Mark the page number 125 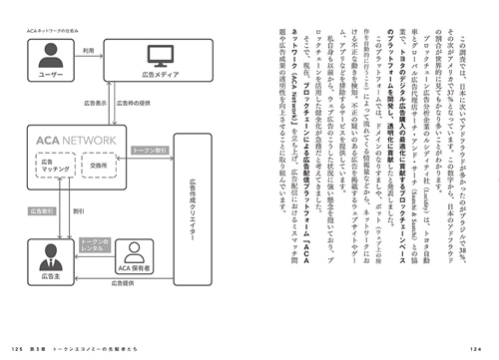pos(17,347)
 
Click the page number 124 pos(483,347)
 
